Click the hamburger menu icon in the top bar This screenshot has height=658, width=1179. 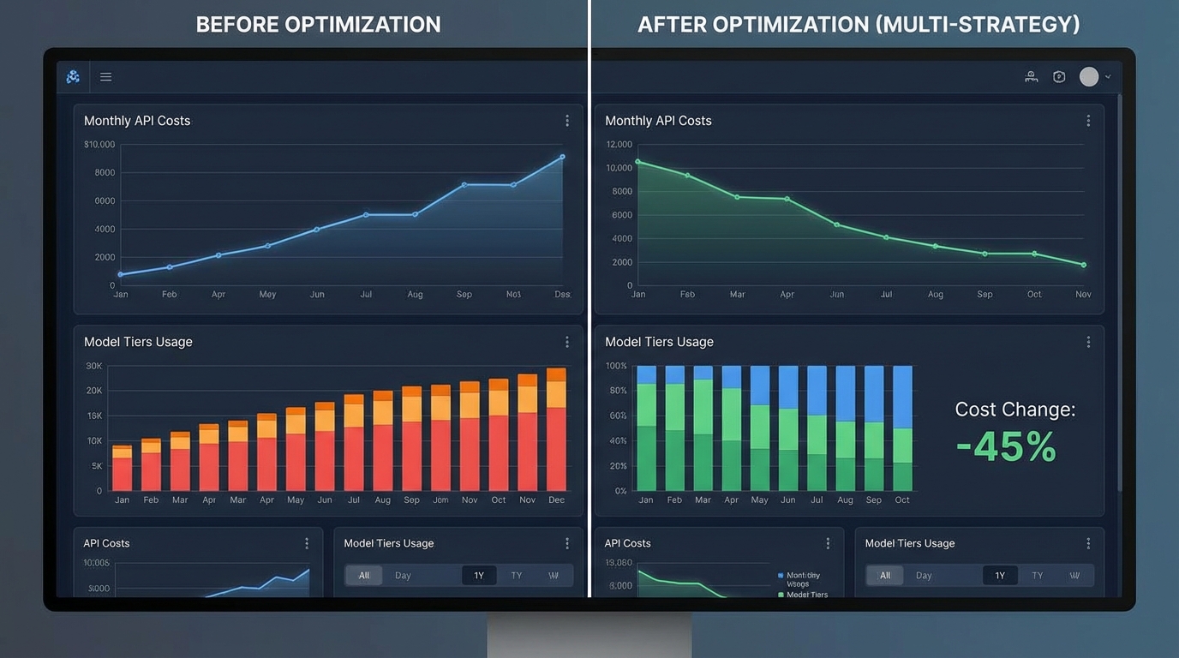pos(105,77)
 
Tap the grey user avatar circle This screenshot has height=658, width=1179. pos(1088,77)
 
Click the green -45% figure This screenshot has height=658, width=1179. pos(1006,447)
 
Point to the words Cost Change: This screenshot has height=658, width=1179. pos(1014,410)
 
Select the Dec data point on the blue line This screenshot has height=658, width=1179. pos(562,157)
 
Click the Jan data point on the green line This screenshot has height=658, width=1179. pos(637,161)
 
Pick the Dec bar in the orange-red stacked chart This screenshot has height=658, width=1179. pos(556,429)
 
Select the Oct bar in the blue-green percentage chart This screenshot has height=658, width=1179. pos(902,428)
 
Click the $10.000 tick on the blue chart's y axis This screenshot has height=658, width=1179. pos(99,145)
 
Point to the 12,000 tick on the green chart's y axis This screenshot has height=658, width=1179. pos(619,145)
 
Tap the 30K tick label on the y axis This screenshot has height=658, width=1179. pos(93,366)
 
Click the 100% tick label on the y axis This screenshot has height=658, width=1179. pos(616,366)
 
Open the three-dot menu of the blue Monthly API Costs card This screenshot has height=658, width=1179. pos(566,121)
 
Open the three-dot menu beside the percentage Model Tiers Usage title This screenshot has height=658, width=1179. pos(1088,342)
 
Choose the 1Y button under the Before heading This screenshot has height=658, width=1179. pos(479,576)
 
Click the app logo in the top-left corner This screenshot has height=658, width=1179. pos(73,77)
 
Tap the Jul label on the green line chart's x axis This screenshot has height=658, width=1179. pos(886,294)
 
